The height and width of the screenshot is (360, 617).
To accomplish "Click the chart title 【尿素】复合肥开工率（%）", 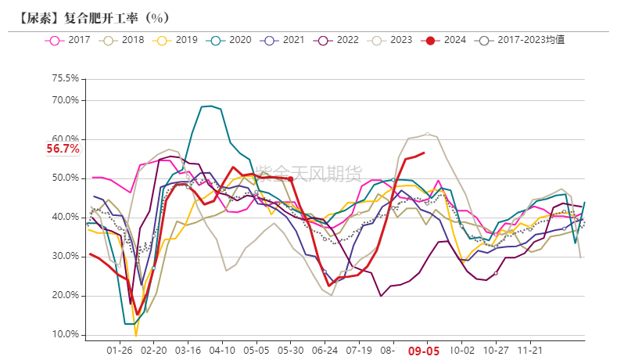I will (91, 16).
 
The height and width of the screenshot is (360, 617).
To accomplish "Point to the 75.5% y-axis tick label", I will (65, 78).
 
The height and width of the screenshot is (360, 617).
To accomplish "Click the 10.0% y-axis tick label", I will (65, 335).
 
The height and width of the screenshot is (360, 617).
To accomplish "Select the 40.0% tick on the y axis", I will (65, 217).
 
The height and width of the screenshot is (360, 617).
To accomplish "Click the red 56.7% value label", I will (63, 149).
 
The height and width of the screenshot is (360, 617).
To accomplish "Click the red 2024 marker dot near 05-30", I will (291, 178).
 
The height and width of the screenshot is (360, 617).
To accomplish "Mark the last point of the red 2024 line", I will (424, 153).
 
